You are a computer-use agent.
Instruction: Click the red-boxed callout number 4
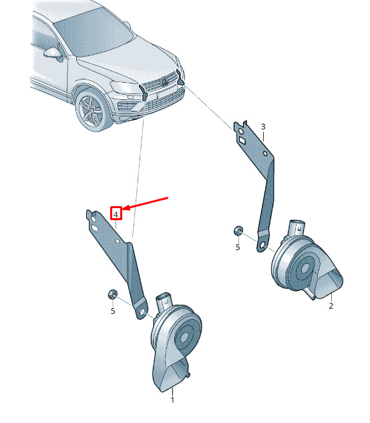click(116, 215)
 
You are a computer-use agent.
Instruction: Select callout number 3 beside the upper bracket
click(263, 127)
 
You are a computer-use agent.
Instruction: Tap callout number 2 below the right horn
click(331, 306)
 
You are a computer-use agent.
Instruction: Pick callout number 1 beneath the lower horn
click(172, 400)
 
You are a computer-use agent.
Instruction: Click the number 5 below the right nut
click(238, 247)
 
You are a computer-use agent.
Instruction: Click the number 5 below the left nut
click(113, 311)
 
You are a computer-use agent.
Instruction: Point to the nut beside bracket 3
click(238, 230)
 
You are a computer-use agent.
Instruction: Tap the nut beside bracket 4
click(112, 294)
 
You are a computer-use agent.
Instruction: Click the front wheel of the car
click(92, 111)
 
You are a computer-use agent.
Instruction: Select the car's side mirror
click(53, 53)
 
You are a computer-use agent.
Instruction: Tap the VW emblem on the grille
click(164, 81)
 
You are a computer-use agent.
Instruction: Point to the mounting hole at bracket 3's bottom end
click(262, 246)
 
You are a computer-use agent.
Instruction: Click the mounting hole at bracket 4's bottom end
click(142, 312)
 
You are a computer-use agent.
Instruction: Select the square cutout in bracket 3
click(242, 140)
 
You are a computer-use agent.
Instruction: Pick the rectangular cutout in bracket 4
click(96, 228)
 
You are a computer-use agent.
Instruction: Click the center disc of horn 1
click(185, 337)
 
